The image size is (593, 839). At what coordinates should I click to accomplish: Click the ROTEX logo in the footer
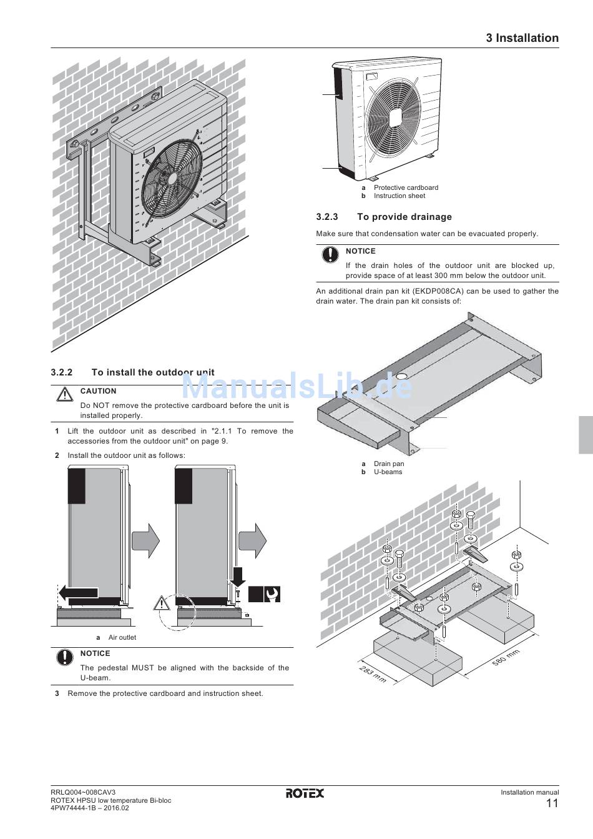(305, 793)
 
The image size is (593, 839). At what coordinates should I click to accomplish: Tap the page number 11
(552, 803)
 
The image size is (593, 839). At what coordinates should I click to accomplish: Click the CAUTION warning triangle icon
(65, 394)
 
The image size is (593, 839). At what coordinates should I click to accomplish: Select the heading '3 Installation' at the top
(522, 38)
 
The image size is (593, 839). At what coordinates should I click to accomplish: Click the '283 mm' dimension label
(373, 674)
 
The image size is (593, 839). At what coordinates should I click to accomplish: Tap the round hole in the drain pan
(401, 376)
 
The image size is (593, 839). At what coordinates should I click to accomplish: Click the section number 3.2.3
(327, 217)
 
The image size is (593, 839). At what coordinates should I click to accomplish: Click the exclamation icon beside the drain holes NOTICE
(330, 254)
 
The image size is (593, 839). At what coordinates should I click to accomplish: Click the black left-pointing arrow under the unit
(79, 593)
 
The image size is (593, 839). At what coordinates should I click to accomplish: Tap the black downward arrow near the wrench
(237, 577)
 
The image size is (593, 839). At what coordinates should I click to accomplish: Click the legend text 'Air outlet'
(122, 637)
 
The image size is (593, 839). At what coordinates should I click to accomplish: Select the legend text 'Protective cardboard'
(406, 187)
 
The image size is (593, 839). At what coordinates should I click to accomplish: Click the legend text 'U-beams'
(388, 472)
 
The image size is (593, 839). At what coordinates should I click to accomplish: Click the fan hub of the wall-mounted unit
(172, 179)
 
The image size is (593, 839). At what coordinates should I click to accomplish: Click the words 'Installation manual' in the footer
(530, 792)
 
